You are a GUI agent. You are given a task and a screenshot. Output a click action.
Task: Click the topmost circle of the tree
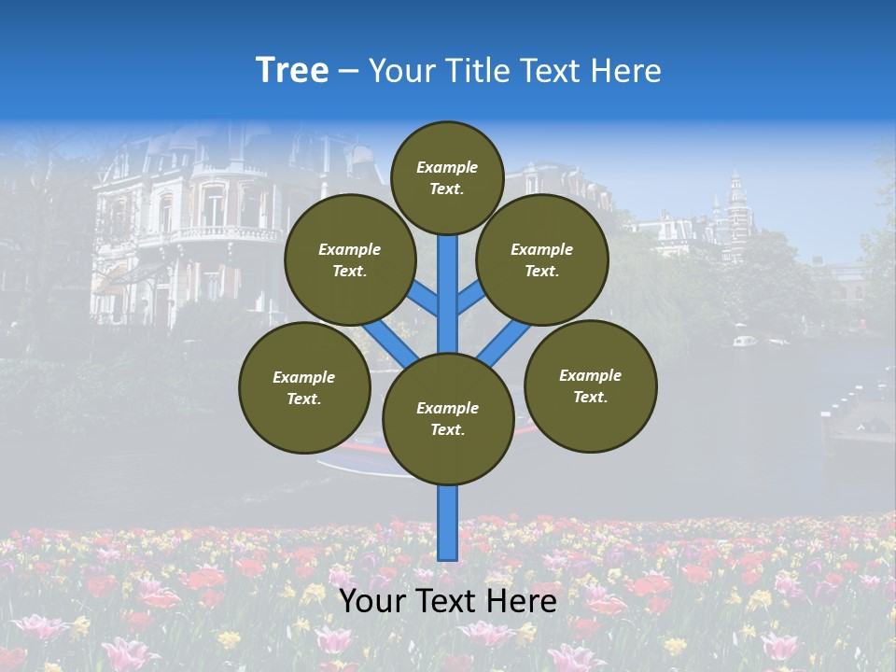click(447, 177)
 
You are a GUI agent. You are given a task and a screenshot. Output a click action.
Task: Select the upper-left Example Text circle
click(349, 259)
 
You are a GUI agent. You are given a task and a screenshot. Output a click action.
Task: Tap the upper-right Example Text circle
click(541, 259)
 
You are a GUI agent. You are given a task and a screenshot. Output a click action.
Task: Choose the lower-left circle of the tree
click(304, 387)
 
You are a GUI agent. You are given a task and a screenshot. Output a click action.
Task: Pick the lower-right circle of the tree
click(590, 385)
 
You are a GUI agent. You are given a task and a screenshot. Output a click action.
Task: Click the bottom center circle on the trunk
click(448, 418)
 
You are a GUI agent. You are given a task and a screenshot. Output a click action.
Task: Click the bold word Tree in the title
click(292, 70)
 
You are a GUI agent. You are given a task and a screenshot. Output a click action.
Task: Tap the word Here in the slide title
click(625, 70)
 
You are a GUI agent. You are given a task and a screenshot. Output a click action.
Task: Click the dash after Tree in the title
click(348, 71)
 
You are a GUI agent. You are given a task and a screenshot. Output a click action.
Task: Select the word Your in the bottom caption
click(370, 601)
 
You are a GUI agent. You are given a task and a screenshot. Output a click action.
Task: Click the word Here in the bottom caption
click(523, 601)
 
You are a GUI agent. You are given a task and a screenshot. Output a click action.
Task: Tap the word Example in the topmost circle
click(447, 167)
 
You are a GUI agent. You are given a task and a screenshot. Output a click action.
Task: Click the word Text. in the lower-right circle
click(590, 397)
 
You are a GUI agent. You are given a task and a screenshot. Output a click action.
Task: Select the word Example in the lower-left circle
click(304, 377)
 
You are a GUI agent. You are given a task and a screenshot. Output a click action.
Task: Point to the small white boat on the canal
click(745, 341)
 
